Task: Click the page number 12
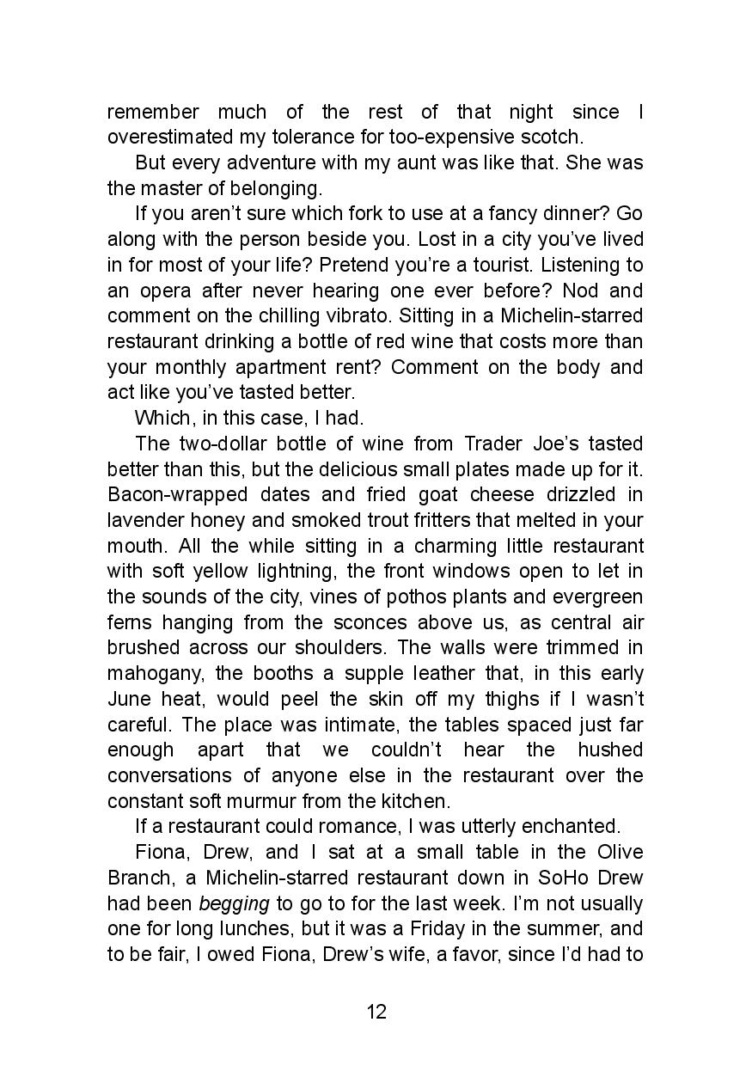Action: tap(376, 1011)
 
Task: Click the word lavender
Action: tap(140, 520)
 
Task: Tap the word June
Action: tap(127, 699)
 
